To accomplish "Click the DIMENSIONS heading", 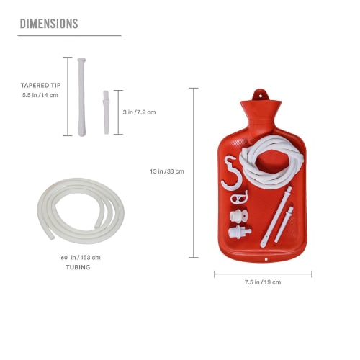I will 48,23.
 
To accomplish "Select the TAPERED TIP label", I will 40,85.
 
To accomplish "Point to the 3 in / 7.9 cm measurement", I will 140,112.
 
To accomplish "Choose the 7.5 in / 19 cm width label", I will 262,282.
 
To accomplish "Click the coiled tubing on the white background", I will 81,210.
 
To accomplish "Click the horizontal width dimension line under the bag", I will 263,273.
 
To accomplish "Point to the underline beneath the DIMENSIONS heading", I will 70,35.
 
